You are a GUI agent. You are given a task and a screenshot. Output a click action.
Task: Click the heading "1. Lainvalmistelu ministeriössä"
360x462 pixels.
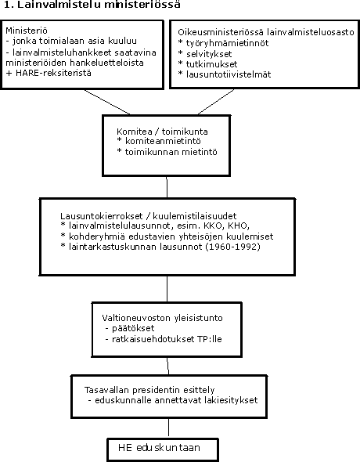(x=92, y=5)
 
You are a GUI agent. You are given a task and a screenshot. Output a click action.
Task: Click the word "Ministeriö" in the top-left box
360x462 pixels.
(x=27, y=31)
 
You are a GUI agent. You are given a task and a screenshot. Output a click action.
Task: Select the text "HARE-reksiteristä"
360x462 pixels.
(x=53, y=73)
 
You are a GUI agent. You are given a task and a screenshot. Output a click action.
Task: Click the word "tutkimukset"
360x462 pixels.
(x=211, y=64)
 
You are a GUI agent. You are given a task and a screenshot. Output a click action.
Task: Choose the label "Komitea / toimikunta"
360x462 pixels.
(x=162, y=132)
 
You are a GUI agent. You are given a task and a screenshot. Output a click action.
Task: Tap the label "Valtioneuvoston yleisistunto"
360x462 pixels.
(x=162, y=318)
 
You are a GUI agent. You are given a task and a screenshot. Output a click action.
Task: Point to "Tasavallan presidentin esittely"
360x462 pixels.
(x=149, y=390)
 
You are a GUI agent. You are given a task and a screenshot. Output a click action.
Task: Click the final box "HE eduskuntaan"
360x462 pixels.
(x=163, y=449)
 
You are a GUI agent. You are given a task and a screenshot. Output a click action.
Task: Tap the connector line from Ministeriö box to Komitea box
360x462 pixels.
(x=107, y=102)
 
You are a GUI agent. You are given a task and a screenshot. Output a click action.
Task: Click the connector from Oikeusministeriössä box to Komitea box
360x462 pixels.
(x=216, y=101)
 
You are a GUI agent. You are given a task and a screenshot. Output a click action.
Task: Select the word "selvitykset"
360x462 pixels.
(x=209, y=54)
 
